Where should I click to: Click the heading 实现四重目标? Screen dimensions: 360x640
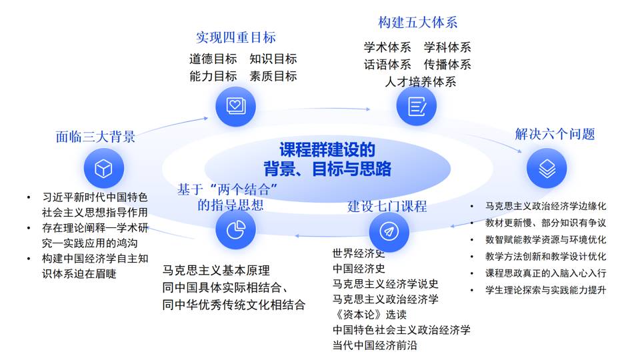point(235,37)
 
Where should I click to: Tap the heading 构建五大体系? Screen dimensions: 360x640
point(417,23)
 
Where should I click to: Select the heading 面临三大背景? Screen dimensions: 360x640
point(95,137)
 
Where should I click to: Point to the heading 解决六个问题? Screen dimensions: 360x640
point(555,134)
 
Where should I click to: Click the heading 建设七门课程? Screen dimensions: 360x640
point(387,206)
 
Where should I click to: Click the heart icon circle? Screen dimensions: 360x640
point(235,105)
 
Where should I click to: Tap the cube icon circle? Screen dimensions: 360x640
point(103,169)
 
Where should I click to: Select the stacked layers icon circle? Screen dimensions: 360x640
point(547,169)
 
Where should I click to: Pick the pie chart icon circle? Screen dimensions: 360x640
point(235,230)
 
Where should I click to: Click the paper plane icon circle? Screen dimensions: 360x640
point(389,230)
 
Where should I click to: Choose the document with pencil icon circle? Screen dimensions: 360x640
point(417,105)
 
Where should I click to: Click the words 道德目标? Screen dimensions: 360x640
point(213,59)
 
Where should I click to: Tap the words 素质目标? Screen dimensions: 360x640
point(273,76)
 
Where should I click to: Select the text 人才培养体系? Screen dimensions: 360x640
point(420,82)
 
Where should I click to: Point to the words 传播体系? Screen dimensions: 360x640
point(447,65)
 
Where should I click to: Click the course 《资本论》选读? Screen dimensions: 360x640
point(369,314)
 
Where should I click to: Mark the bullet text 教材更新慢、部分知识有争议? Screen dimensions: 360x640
point(545,223)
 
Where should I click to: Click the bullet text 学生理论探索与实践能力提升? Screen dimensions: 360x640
point(545,290)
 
